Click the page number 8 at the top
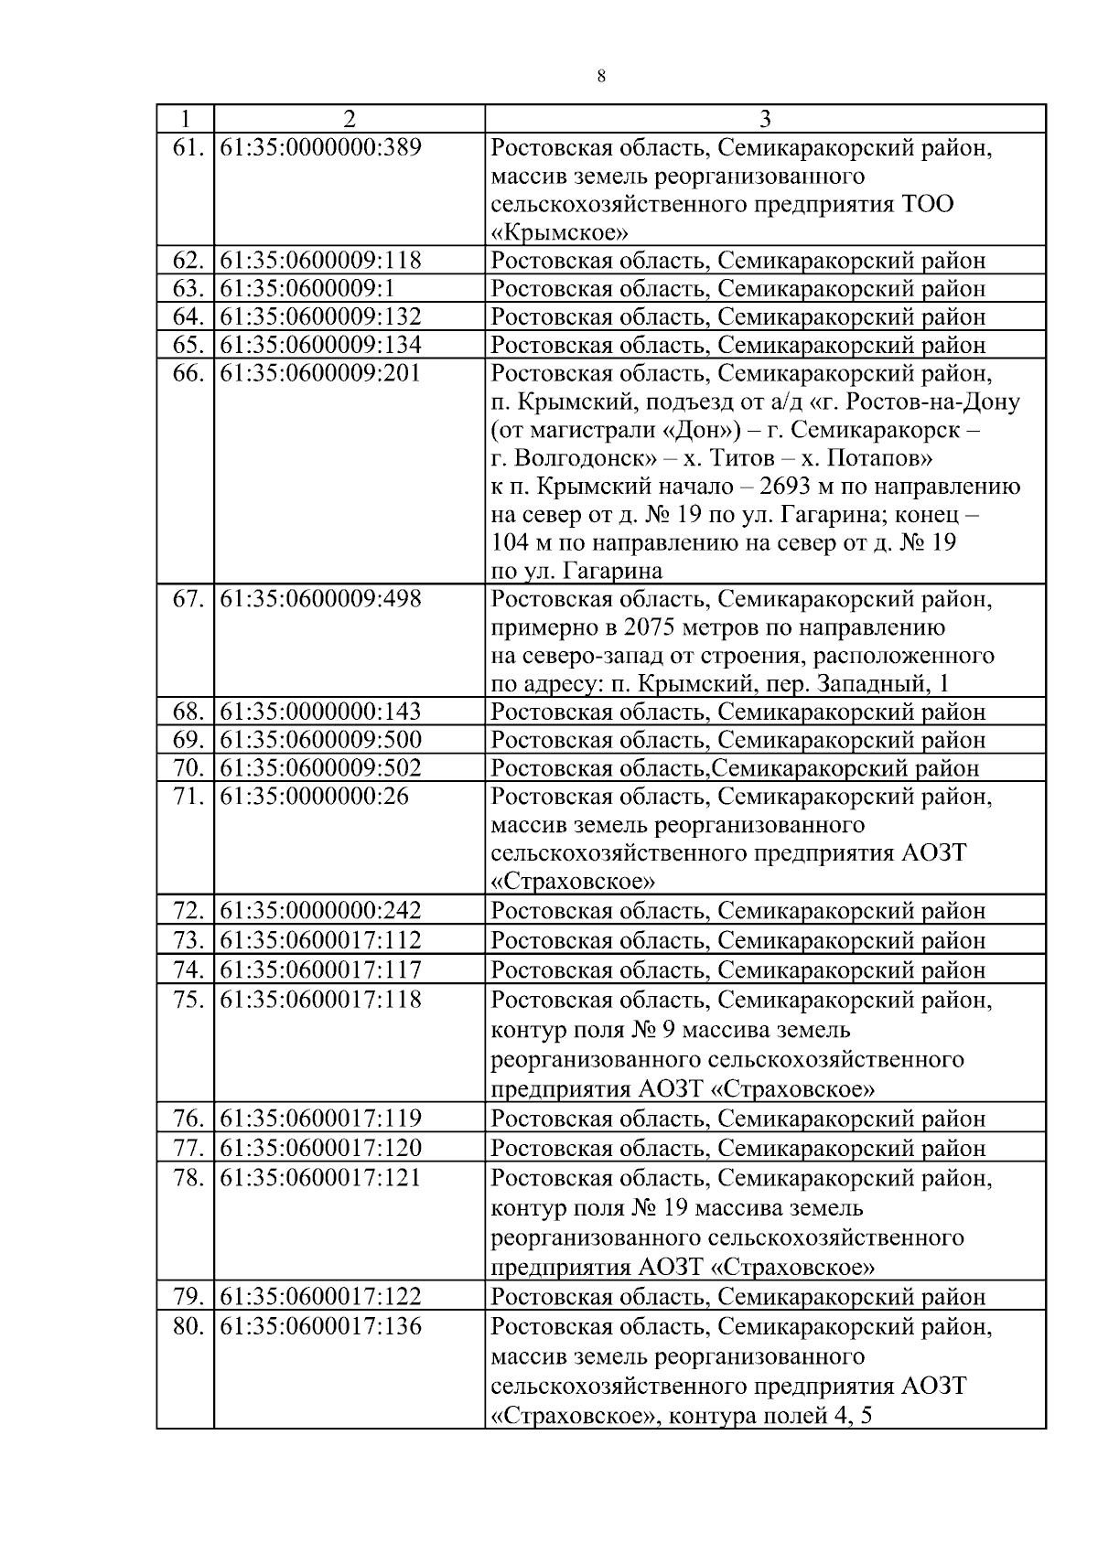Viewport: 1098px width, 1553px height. pos(600,77)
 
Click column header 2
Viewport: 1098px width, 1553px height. pos(349,119)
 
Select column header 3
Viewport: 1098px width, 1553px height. pos(765,119)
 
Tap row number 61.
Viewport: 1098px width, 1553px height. pos(187,147)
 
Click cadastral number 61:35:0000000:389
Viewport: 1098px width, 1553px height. pos(321,147)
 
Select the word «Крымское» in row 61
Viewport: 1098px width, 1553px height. pos(559,232)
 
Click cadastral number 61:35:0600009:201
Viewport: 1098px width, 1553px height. pos(321,374)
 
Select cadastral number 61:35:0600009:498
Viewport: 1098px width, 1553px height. pos(321,600)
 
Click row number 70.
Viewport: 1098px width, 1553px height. pos(187,768)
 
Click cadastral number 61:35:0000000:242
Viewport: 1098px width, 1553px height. pos(321,911)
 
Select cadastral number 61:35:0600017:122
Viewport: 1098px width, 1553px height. pos(321,1297)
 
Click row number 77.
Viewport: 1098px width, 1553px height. pos(187,1148)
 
